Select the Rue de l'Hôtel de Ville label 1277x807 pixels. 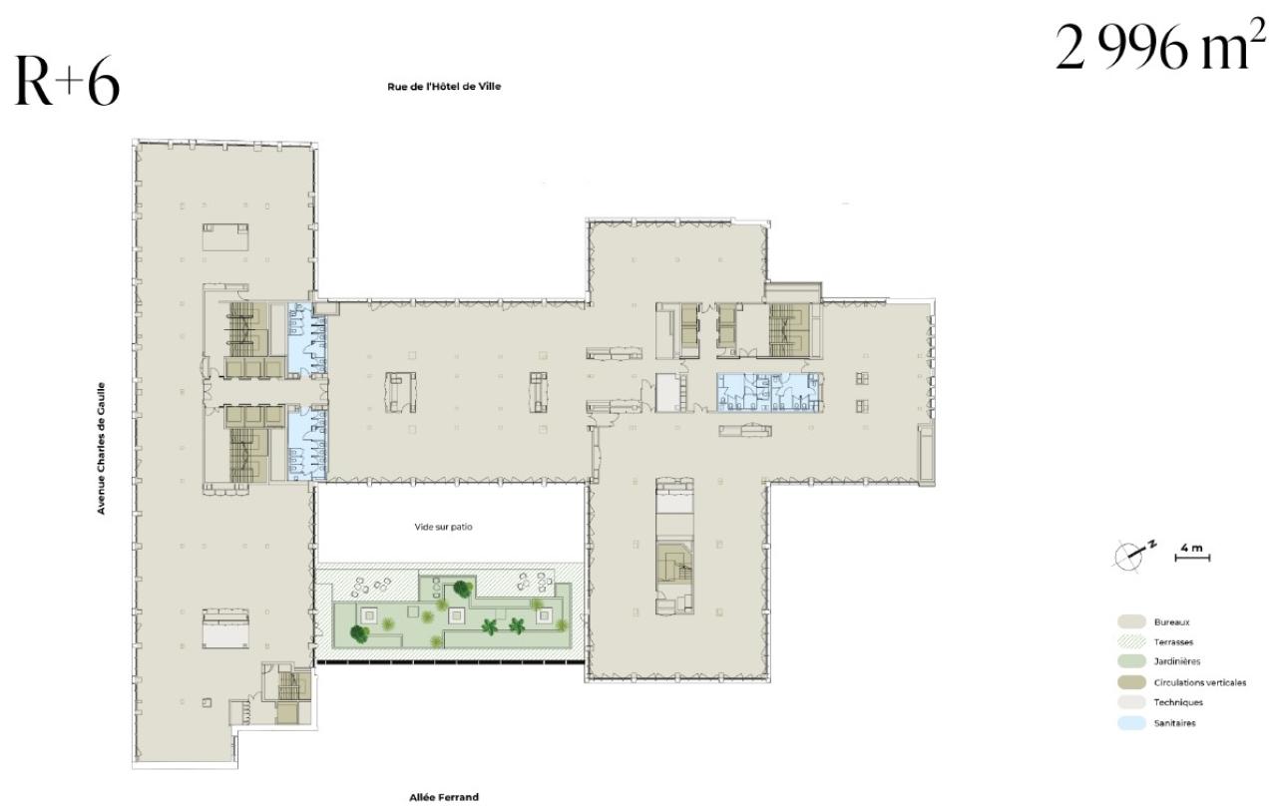(x=444, y=87)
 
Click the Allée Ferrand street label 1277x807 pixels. (x=444, y=797)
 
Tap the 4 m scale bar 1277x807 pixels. (x=1192, y=554)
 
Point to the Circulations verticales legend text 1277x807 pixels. (x=1199, y=683)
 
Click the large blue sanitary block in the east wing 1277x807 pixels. (x=768, y=392)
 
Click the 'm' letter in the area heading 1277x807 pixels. (x=1219, y=52)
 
